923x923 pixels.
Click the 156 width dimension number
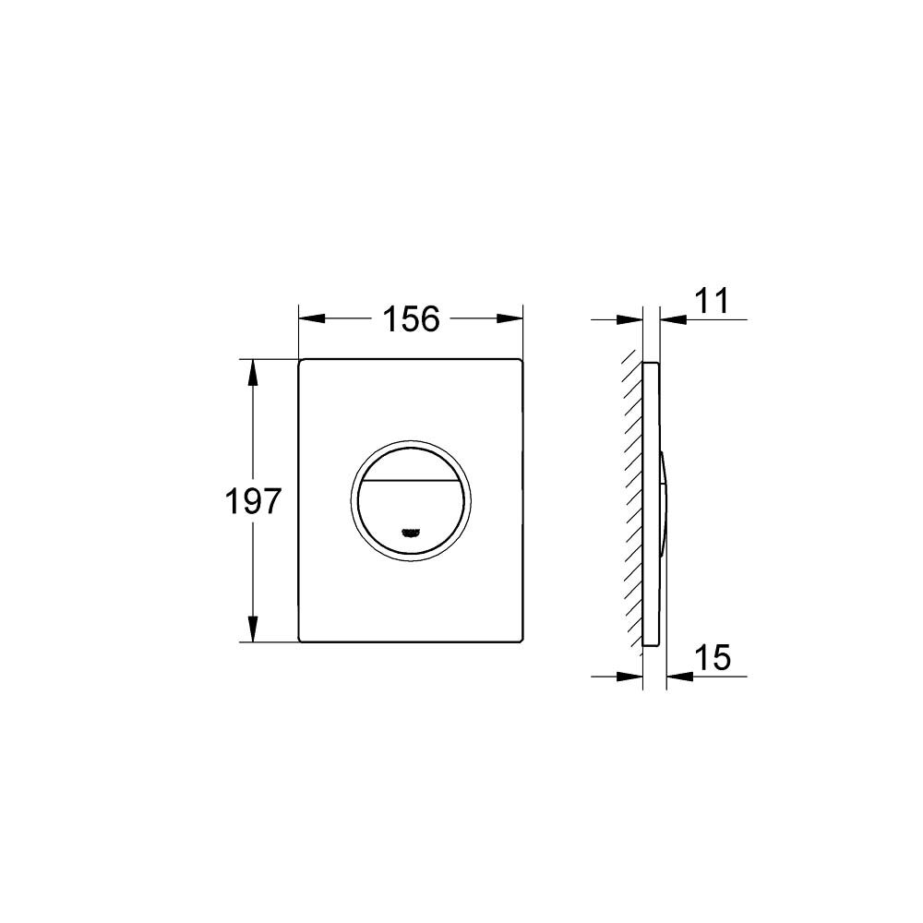tap(411, 319)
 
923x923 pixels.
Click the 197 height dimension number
tap(252, 501)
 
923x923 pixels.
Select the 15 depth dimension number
tap(712, 658)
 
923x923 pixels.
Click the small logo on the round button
tap(412, 532)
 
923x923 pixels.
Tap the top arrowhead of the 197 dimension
tap(251, 371)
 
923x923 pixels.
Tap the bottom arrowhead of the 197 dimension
tap(251, 629)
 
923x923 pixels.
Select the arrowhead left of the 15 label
tap(679, 677)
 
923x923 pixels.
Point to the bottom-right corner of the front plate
tap(521, 640)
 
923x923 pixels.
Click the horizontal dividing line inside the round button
tap(412, 485)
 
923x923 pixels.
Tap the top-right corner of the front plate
tap(521, 360)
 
